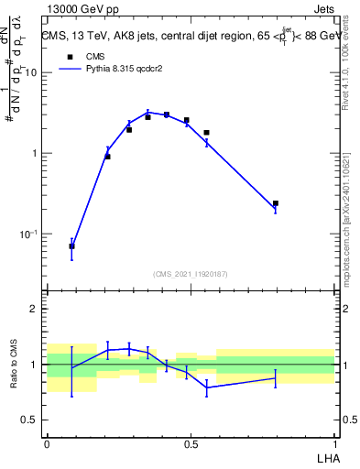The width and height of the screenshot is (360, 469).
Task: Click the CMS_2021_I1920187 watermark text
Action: click(x=190, y=273)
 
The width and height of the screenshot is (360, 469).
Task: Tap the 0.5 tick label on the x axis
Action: click(x=191, y=443)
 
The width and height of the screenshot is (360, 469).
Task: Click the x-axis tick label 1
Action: click(x=333, y=443)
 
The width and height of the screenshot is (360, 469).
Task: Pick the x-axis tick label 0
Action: click(x=47, y=443)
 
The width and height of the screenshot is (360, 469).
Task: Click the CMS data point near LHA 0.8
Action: click(x=275, y=203)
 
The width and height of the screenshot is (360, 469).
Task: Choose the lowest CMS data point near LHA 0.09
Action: click(x=71, y=246)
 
